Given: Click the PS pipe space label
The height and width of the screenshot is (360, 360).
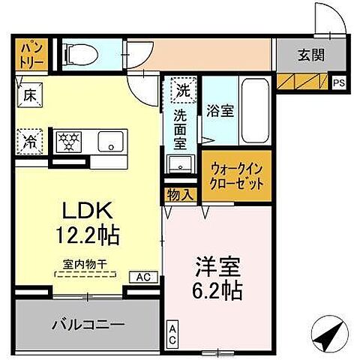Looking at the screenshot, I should tap(339, 83).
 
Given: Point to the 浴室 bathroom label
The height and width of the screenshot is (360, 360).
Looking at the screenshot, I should tap(220, 109).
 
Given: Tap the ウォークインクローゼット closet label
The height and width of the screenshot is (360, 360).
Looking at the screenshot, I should tap(234, 175).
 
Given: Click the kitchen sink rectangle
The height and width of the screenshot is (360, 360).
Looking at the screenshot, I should tap(113, 140).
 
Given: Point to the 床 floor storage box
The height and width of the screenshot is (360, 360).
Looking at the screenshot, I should tap(28, 95).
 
